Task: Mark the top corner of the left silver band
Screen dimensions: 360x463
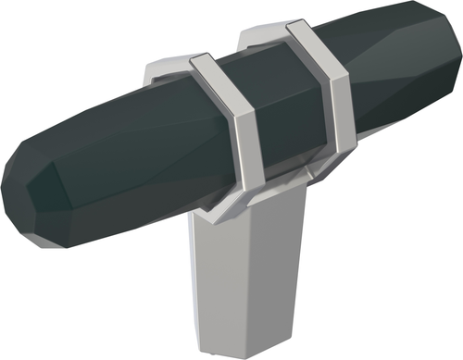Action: point(199,60)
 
